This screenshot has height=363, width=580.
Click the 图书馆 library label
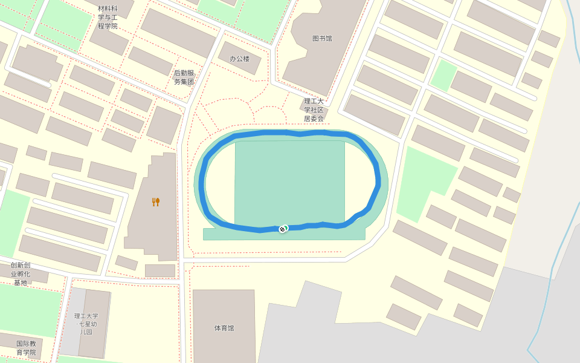point(322,39)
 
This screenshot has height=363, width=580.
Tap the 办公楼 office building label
point(239,59)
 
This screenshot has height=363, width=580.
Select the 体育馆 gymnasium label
point(224,328)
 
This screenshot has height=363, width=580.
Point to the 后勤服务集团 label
point(184,77)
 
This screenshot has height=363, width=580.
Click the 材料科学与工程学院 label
point(108,17)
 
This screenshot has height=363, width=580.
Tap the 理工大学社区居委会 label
point(314,110)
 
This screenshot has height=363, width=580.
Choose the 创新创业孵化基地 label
point(21,273)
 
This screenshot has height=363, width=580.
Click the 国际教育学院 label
point(26,348)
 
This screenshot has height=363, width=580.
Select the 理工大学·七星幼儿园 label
point(86,324)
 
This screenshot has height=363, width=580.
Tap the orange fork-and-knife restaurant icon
point(155,202)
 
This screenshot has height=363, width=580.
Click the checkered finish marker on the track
point(282,229)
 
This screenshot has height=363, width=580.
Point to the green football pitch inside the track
point(289,181)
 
